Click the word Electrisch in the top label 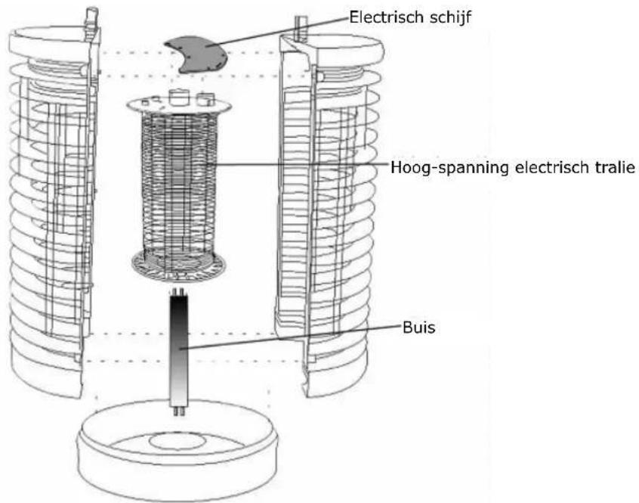(386, 17)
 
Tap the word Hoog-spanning (449, 168)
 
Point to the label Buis (419, 328)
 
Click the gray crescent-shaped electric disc (195, 54)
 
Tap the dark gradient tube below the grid (179, 351)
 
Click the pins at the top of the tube (179, 291)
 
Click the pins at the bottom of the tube (180, 411)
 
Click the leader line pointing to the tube (291, 337)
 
